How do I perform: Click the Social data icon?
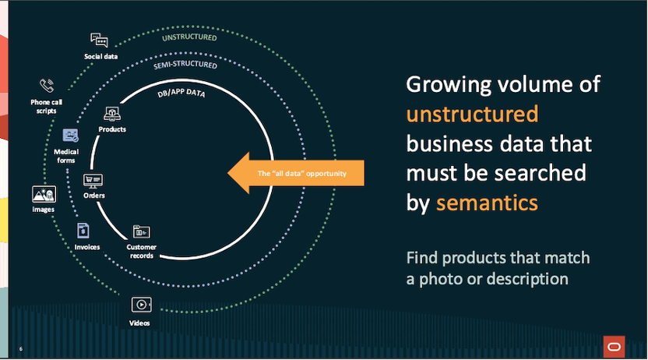[98, 40]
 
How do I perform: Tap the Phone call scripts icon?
[47, 86]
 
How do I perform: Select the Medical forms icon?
[71, 136]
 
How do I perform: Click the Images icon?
[44, 194]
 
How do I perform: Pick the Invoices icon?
[82, 230]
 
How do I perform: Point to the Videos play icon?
[141, 305]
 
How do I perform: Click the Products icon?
[112, 114]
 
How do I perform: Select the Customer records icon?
[141, 231]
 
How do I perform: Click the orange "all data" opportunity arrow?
[296, 172]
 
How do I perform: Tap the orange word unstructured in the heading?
[472, 115]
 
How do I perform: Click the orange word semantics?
[487, 203]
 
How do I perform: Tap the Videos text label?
[140, 322]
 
